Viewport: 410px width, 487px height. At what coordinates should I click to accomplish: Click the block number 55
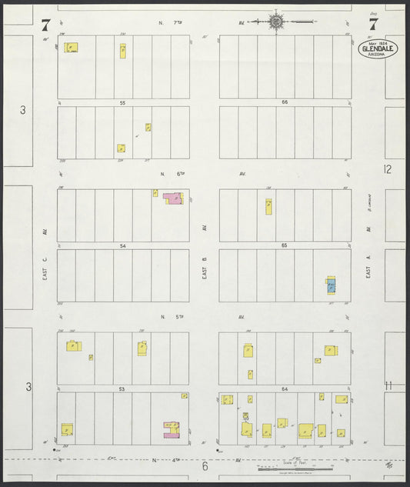click(x=122, y=102)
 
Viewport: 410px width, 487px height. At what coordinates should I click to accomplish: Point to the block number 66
click(x=285, y=102)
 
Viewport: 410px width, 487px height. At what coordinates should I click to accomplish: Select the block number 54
click(x=122, y=245)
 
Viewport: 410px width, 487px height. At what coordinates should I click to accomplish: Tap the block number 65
click(x=285, y=245)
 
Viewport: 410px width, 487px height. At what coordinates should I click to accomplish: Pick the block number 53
click(x=122, y=389)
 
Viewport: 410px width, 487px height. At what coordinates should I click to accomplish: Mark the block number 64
click(x=285, y=389)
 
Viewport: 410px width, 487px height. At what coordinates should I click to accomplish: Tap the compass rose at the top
click(x=276, y=22)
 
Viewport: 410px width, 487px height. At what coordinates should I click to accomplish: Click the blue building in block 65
click(x=331, y=285)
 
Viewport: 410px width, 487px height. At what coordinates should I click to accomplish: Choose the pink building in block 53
click(x=171, y=431)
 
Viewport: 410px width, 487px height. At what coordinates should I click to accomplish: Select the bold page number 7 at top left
click(x=46, y=23)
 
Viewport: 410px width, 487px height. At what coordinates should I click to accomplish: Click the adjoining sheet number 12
click(x=388, y=168)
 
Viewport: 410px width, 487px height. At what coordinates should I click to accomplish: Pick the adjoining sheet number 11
click(x=388, y=386)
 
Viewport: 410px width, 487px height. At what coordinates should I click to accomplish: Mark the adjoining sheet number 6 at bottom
click(x=205, y=466)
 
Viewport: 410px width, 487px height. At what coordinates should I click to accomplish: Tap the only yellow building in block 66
click(x=269, y=206)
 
